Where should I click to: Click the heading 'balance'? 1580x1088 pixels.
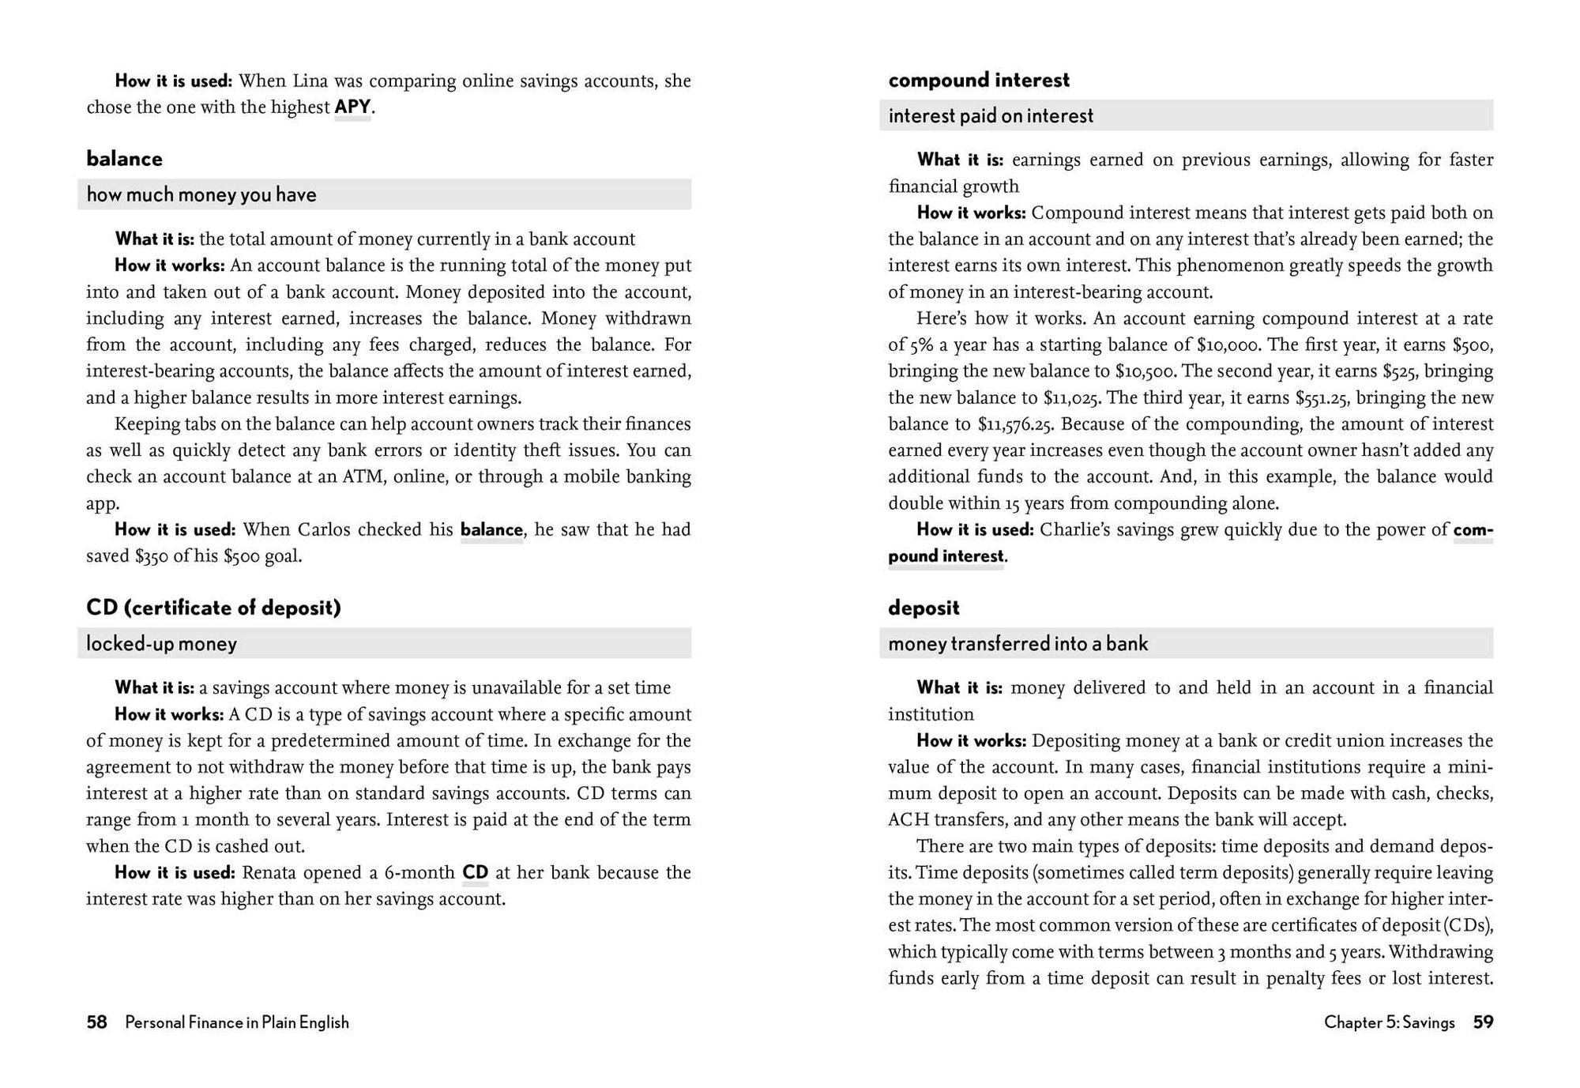click(x=124, y=159)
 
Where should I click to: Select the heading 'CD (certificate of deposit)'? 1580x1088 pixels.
click(x=213, y=608)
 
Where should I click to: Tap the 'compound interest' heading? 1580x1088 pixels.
click(x=979, y=80)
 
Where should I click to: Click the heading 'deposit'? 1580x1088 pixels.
click(x=924, y=608)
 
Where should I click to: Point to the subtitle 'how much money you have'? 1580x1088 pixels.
click(x=201, y=194)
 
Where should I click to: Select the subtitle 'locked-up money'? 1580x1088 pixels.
click(x=161, y=643)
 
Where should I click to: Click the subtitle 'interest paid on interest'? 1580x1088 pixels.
click(x=991, y=115)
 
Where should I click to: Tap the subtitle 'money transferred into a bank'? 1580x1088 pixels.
click(x=1018, y=643)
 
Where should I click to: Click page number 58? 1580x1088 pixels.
click(x=96, y=1022)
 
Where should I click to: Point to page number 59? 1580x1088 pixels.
click(x=1483, y=1022)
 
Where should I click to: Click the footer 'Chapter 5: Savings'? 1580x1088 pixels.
click(x=1389, y=1022)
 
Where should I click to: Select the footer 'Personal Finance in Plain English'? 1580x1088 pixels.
click(x=237, y=1022)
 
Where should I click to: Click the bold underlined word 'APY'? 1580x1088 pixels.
click(x=352, y=107)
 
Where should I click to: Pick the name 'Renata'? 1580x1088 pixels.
click(x=269, y=872)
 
